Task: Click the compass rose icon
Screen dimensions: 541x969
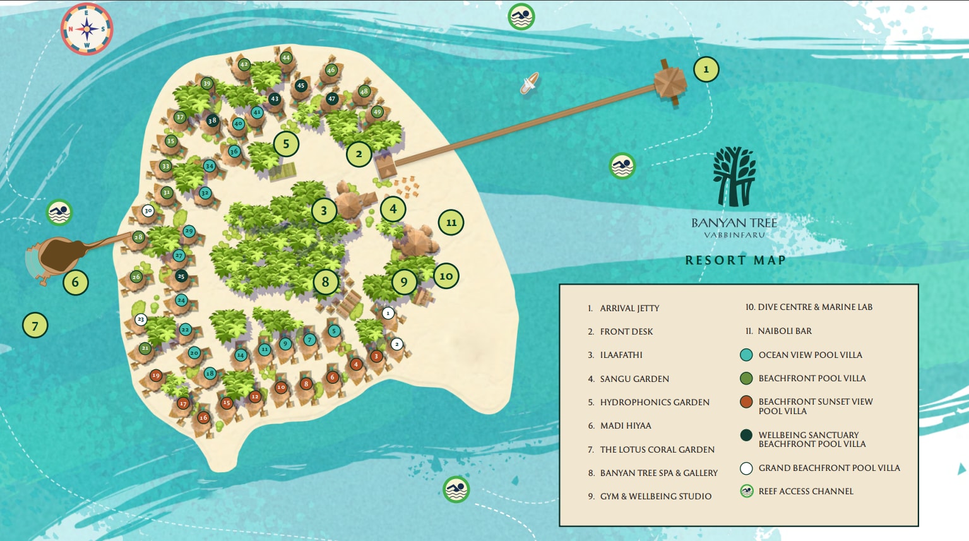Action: (x=86, y=29)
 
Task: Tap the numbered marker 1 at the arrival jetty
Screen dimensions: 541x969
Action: (x=706, y=69)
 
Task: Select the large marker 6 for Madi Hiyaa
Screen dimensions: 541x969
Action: (x=75, y=282)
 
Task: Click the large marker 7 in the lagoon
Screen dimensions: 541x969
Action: (x=35, y=326)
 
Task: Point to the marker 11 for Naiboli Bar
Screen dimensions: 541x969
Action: (x=451, y=222)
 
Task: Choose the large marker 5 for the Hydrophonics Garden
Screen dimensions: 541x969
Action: (x=286, y=144)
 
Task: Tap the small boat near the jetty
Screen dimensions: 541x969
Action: (x=529, y=83)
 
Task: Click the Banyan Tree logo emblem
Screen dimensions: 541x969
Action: (x=734, y=177)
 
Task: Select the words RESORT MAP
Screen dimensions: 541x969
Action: (x=735, y=260)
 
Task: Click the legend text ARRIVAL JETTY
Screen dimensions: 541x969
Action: (x=629, y=308)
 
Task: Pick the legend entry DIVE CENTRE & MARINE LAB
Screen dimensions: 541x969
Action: (x=814, y=307)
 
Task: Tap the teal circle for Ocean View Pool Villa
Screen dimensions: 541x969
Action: (x=746, y=355)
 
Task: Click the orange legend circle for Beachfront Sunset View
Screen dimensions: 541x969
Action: (x=746, y=401)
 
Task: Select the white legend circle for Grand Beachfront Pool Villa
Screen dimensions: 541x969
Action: (x=746, y=468)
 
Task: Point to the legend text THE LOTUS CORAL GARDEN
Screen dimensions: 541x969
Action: (x=657, y=449)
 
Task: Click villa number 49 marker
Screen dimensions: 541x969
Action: (x=377, y=112)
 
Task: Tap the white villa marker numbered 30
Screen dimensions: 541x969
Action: (x=148, y=211)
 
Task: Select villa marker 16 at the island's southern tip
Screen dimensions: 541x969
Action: (x=203, y=417)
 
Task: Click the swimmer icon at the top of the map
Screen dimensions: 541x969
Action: (x=521, y=16)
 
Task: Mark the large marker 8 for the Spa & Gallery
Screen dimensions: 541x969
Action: (x=325, y=282)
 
